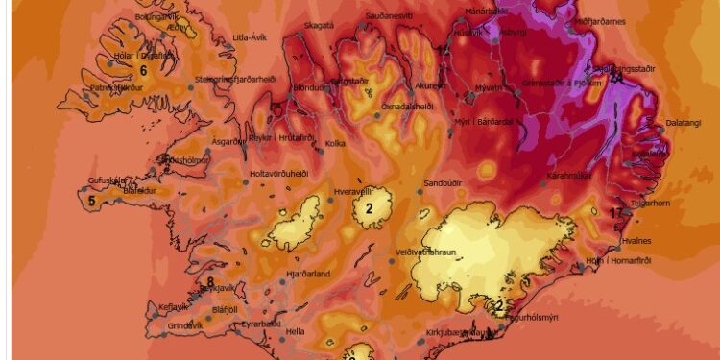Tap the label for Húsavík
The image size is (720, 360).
click(469, 33)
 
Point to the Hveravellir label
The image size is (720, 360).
click(352, 191)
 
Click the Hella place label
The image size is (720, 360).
click(295, 331)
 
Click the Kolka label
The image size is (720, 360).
click(335, 144)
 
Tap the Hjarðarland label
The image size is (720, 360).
click(308, 274)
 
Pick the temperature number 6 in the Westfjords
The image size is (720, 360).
click(143, 70)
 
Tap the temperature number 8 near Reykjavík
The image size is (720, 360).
click(210, 281)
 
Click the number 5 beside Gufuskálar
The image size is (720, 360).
click(91, 201)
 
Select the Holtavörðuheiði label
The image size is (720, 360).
click(278, 174)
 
